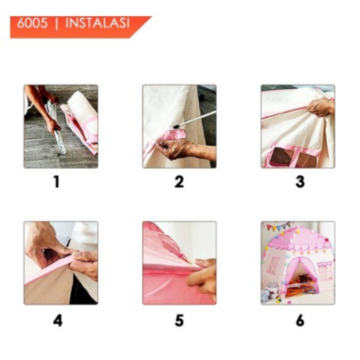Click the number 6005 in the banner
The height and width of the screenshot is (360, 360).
pyautogui.click(x=32, y=23)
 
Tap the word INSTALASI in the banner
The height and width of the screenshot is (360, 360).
pyautogui.click(x=98, y=23)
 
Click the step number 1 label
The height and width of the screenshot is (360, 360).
pyautogui.click(x=57, y=182)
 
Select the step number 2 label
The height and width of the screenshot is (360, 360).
pyautogui.click(x=179, y=182)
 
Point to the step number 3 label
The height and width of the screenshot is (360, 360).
pyautogui.click(x=300, y=182)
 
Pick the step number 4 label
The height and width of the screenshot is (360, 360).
pyautogui.click(x=58, y=320)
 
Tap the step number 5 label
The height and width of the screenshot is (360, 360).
pyautogui.click(x=179, y=320)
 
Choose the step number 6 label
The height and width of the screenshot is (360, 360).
pyautogui.click(x=300, y=320)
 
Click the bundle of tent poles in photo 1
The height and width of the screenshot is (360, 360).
pyautogui.click(x=56, y=126)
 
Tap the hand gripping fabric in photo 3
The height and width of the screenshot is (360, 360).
pyautogui.click(x=320, y=107)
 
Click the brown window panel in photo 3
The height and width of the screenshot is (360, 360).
pyautogui.click(x=281, y=156)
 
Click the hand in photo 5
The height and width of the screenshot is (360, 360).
pyautogui.click(x=201, y=277)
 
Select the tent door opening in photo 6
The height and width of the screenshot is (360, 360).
pyautogui.click(x=303, y=277)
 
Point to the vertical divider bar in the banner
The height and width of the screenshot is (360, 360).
pyautogui.click(x=57, y=23)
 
